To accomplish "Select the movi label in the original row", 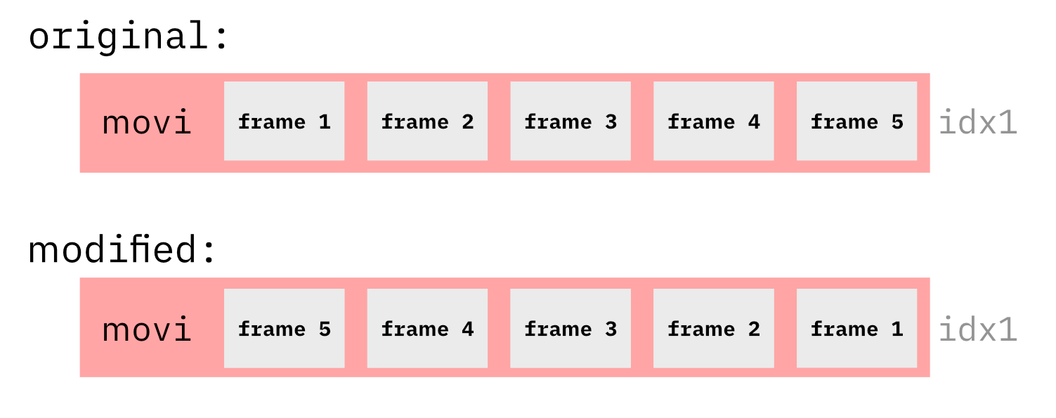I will click(x=147, y=123).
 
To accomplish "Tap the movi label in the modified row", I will click(x=147, y=329).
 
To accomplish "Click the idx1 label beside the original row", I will click(x=978, y=123).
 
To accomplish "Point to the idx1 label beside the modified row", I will click(x=978, y=329).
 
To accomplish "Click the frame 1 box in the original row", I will click(x=284, y=121).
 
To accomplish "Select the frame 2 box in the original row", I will click(x=427, y=121).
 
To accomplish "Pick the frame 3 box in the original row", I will click(x=571, y=121).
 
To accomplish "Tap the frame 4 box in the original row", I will click(x=714, y=121).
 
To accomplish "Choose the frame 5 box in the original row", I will click(x=856, y=121).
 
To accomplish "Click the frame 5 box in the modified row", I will click(x=284, y=328).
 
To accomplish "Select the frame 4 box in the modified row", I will click(x=427, y=328).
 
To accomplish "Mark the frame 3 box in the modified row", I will click(x=571, y=328).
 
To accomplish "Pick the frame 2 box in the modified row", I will click(x=714, y=328).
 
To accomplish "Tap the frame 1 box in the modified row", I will click(x=856, y=328).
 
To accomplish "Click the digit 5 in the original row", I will click(x=897, y=122).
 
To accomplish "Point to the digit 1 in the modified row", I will click(x=897, y=329).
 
